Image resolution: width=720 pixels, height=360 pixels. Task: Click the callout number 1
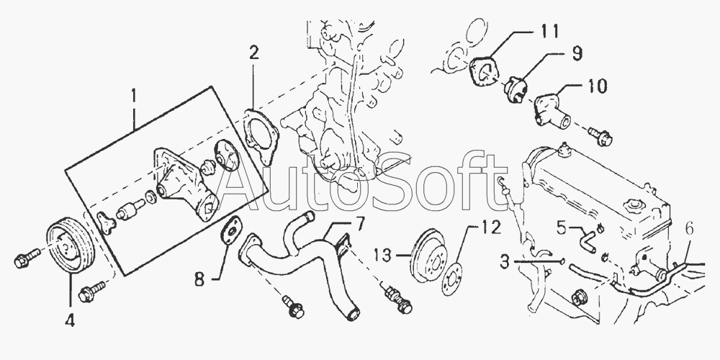click(134, 96)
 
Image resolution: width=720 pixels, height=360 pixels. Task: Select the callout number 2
click(254, 53)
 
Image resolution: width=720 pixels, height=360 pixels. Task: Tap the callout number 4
click(70, 320)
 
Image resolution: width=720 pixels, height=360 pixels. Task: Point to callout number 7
click(359, 224)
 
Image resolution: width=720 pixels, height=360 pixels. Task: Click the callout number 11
click(549, 31)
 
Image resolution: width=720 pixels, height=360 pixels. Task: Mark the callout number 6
click(689, 228)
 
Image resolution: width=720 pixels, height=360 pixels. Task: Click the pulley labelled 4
click(71, 246)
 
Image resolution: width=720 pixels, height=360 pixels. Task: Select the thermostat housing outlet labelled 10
click(552, 109)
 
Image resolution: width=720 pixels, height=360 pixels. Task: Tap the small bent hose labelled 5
click(586, 239)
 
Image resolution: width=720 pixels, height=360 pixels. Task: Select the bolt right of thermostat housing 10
click(600, 135)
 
